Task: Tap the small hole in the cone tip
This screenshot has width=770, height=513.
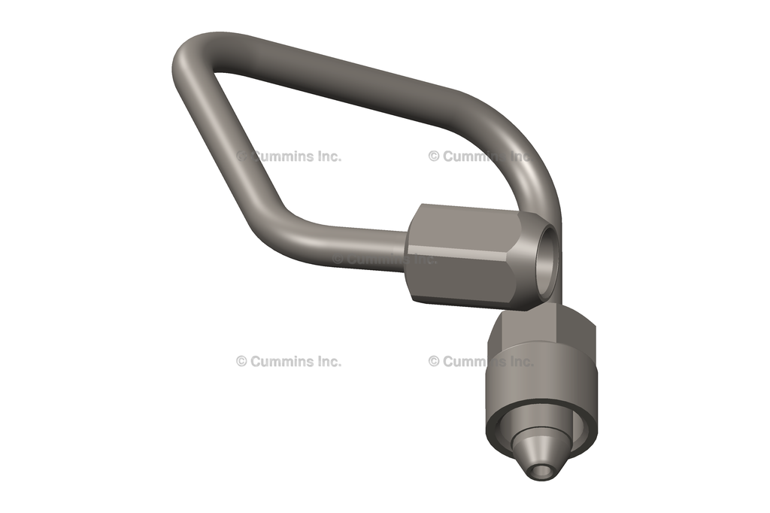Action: (540, 471)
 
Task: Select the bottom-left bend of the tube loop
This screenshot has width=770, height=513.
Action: (290, 226)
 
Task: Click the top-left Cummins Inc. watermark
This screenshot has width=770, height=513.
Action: (289, 156)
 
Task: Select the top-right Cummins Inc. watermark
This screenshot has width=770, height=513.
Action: (480, 156)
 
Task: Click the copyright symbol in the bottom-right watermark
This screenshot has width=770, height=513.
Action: (434, 361)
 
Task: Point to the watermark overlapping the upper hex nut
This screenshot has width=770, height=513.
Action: (383, 259)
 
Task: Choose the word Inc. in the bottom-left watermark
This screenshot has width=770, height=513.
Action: (328, 361)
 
